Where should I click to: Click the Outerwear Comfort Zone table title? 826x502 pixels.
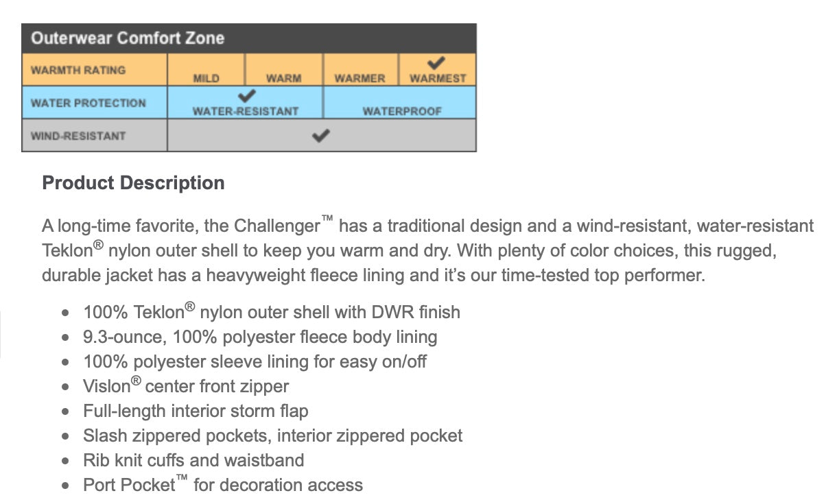(x=128, y=38)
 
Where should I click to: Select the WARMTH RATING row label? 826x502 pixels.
(x=78, y=70)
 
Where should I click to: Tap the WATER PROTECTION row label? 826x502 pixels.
(x=88, y=103)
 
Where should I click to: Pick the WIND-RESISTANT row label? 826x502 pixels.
(x=78, y=136)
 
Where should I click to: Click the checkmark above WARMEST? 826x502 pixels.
(x=436, y=63)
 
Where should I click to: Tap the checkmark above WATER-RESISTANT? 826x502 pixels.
(x=246, y=96)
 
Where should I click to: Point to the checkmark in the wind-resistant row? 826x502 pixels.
(x=320, y=135)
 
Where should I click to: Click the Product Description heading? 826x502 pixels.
(x=133, y=183)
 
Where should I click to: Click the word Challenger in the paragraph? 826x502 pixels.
(x=277, y=226)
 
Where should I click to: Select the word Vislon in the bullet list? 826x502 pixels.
(x=106, y=386)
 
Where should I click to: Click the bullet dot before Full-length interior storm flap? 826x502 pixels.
(x=65, y=412)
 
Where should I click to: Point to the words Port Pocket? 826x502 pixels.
(x=129, y=485)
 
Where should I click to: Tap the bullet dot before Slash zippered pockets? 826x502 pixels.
(x=65, y=437)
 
